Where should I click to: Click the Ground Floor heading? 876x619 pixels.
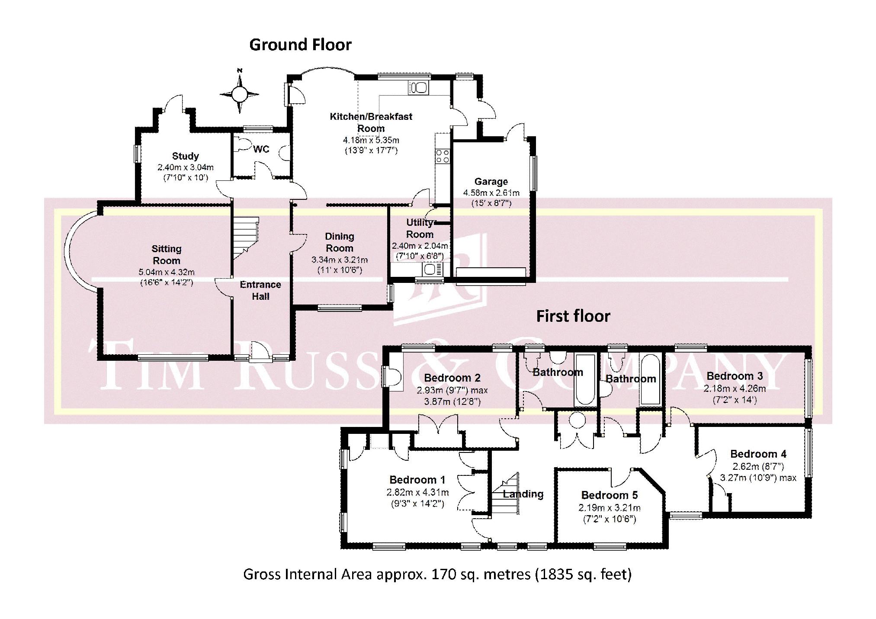click(x=300, y=45)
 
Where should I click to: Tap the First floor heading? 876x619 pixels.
click(x=573, y=316)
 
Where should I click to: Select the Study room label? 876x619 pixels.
click(x=185, y=156)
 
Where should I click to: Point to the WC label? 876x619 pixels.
click(x=261, y=149)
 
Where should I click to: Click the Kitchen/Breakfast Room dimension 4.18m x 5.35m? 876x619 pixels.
click(x=371, y=140)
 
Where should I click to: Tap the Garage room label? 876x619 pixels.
click(x=491, y=181)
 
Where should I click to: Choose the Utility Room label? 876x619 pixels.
click(x=420, y=228)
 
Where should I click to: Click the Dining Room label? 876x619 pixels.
click(x=340, y=242)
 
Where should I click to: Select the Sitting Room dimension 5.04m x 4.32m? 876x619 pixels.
click(x=167, y=273)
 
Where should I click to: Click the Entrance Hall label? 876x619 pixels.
click(x=260, y=290)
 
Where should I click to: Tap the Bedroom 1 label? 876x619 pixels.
click(x=417, y=480)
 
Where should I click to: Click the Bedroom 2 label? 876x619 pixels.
click(x=452, y=378)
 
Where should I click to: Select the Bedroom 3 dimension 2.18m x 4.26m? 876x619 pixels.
click(x=735, y=388)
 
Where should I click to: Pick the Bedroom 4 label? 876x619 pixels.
click(x=758, y=454)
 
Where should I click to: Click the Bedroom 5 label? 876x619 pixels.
click(x=610, y=495)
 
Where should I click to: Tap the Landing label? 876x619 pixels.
click(x=523, y=494)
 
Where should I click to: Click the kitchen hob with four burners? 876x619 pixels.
click(x=443, y=156)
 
